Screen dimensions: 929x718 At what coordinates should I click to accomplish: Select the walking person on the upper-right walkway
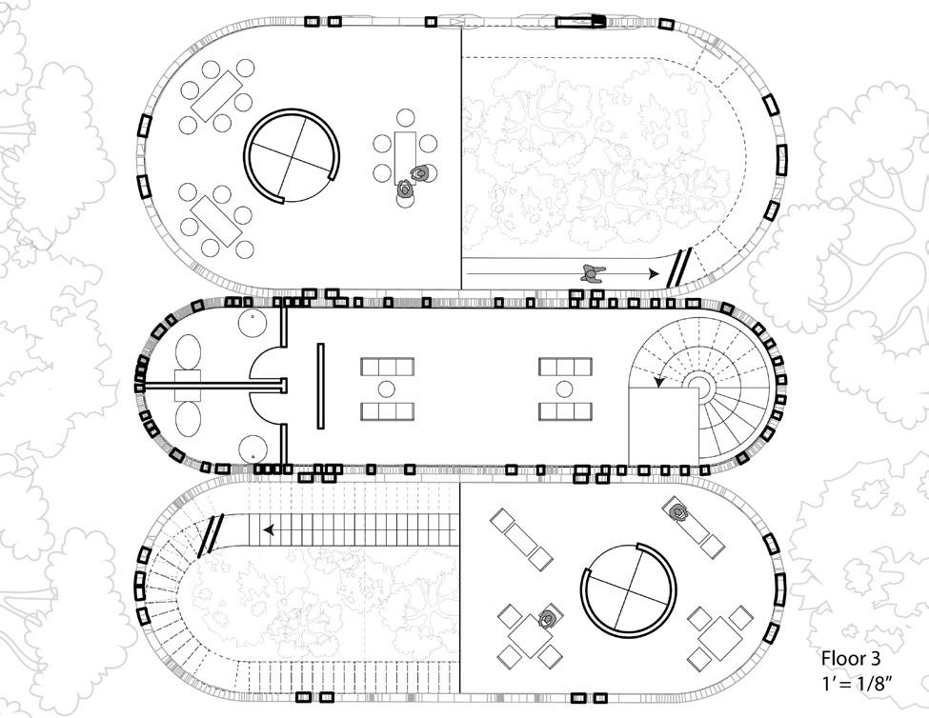(x=594, y=272)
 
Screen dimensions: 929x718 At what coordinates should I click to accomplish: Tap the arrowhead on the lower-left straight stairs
(x=271, y=529)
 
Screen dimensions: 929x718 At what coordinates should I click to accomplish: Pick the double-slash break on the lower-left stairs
(x=212, y=534)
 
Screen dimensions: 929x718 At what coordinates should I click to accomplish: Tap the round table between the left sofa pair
(x=386, y=389)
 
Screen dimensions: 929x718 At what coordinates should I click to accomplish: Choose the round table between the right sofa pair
(x=565, y=389)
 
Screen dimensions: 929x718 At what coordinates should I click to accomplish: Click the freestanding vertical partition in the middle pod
(x=320, y=388)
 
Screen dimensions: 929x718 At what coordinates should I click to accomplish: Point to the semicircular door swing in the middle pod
(x=266, y=387)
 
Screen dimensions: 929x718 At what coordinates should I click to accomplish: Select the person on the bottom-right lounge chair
(x=679, y=513)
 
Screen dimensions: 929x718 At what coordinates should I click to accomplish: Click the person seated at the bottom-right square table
(x=548, y=618)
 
